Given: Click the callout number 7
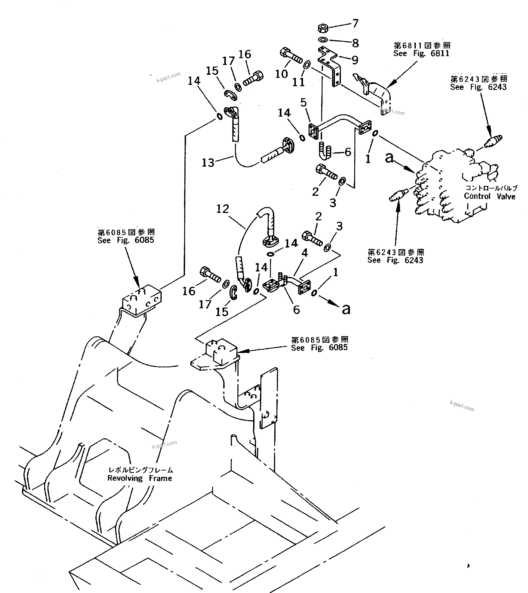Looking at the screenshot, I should (356, 23).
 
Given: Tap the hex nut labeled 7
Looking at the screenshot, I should (323, 28).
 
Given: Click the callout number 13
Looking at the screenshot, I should (208, 163).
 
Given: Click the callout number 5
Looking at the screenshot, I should (304, 102).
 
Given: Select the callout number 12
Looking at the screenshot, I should (223, 209).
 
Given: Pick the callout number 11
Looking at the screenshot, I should (298, 82).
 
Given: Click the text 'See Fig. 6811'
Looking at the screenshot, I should (421, 53).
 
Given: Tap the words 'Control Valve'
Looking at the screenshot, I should (489, 196).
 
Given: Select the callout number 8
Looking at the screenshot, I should (355, 43).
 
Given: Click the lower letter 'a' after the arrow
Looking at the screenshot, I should (346, 309).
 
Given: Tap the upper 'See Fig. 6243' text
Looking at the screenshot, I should (478, 87).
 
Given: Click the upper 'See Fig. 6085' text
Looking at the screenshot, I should (126, 240).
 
